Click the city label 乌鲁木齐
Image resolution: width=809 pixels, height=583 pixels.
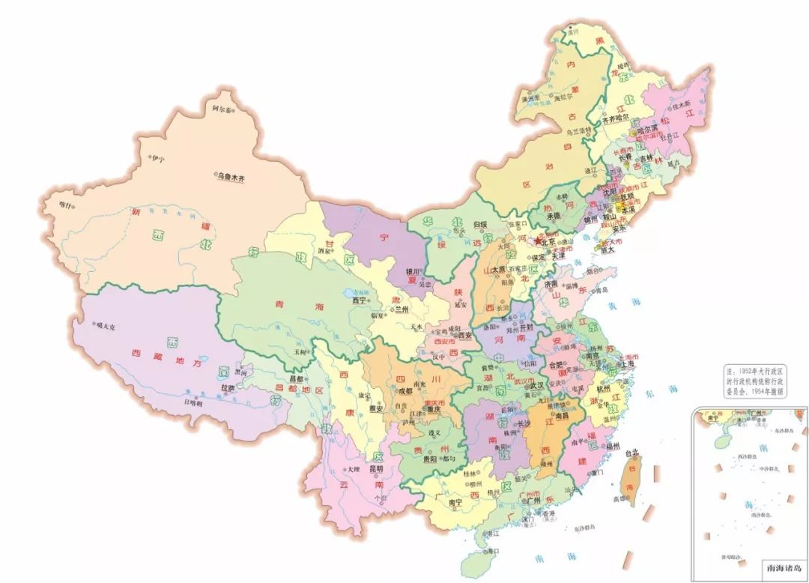point(231,177)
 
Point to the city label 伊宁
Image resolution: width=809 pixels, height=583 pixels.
point(158,158)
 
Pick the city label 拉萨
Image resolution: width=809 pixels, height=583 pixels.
point(227,387)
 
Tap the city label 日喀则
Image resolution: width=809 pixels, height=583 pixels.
point(194,402)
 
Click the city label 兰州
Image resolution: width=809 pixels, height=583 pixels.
point(402,309)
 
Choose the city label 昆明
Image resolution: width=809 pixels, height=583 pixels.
point(377,469)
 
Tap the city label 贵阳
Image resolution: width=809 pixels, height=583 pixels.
point(429,458)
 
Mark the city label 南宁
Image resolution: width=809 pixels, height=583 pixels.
point(456,503)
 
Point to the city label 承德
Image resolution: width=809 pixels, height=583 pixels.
point(553,214)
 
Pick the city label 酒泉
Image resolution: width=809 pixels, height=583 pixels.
point(324,253)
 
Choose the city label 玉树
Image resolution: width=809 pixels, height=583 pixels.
point(301,351)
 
